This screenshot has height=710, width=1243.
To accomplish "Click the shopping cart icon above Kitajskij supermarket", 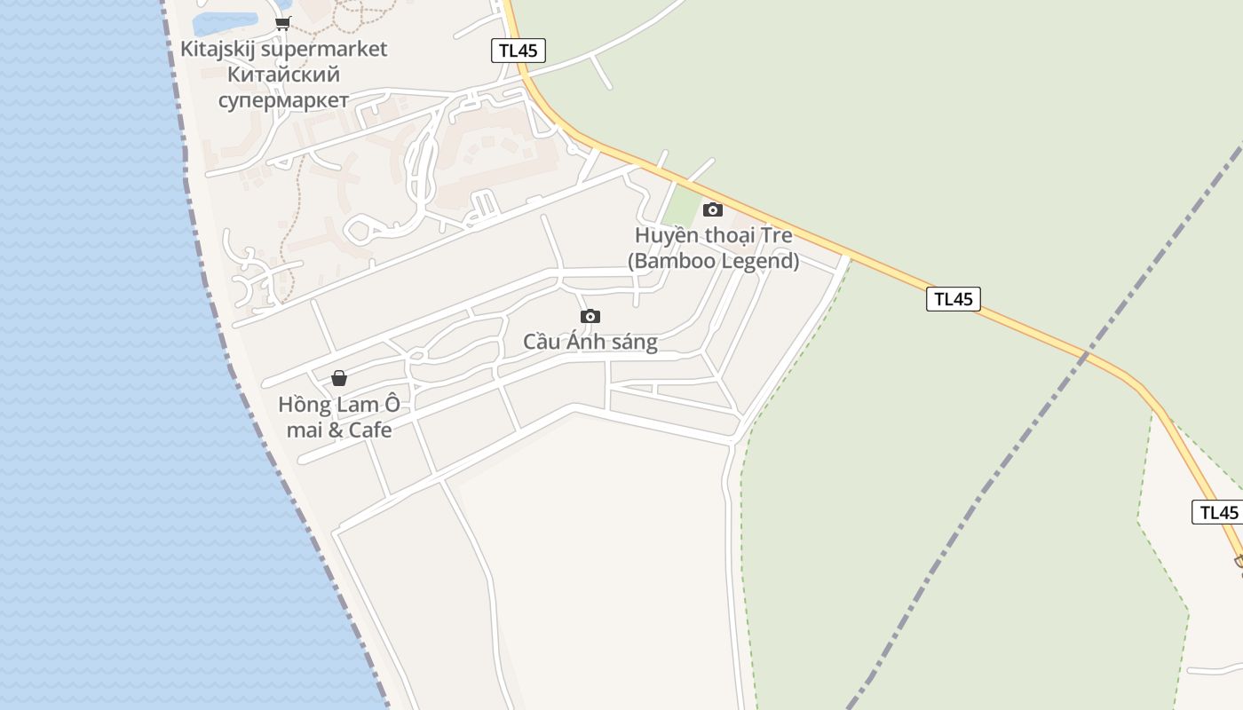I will (x=282, y=24).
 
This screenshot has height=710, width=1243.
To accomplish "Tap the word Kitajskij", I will (x=221, y=49).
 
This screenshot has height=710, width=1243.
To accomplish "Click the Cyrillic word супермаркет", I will (x=283, y=100).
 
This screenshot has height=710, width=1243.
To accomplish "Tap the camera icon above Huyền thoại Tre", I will (x=712, y=210).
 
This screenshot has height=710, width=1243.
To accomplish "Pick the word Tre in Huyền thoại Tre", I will (x=777, y=236).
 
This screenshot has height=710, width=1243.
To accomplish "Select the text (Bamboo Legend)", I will (x=713, y=261).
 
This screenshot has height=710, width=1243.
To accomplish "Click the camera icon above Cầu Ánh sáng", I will (x=590, y=317).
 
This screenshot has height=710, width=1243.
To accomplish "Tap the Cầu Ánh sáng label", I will (x=590, y=343).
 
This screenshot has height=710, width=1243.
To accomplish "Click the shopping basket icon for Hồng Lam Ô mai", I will (x=339, y=379).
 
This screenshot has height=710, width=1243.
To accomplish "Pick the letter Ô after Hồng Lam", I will (x=392, y=405).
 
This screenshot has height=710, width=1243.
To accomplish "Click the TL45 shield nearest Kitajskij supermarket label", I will (x=518, y=51).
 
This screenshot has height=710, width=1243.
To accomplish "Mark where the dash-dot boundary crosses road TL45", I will (x=1084, y=355).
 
